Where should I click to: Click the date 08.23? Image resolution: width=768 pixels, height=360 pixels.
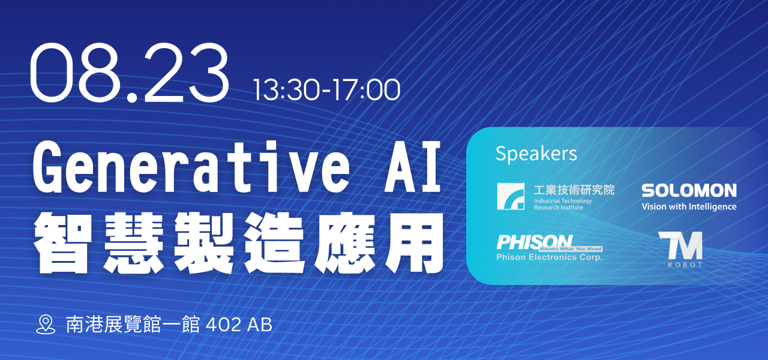[x=130, y=73]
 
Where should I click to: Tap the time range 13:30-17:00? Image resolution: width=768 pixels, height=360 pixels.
[x=327, y=90]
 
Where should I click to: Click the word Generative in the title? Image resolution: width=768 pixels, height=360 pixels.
[x=191, y=167]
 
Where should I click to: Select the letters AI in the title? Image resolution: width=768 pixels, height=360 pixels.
[x=413, y=167]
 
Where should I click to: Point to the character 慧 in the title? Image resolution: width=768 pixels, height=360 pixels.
[x=134, y=243]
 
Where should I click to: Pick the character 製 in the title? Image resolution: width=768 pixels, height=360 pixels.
[x=205, y=243]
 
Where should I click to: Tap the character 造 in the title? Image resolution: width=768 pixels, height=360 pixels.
[x=275, y=243]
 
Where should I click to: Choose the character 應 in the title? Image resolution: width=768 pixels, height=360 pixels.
[x=345, y=243]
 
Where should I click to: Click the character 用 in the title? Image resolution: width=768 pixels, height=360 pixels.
[x=414, y=243]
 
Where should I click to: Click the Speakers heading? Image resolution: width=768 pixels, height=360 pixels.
[x=536, y=154]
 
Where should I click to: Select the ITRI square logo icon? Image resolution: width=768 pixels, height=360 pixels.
[x=511, y=196]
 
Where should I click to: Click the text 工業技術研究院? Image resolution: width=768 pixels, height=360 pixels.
[x=574, y=190]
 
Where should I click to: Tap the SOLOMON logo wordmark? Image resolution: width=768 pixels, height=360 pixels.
[x=689, y=190]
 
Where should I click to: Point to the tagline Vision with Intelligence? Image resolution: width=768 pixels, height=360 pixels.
[x=689, y=206]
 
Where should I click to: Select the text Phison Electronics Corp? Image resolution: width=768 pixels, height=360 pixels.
[x=549, y=257]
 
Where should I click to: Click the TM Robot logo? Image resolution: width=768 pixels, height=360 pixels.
[x=680, y=249]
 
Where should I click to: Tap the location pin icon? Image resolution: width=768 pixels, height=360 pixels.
[x=46, y=325]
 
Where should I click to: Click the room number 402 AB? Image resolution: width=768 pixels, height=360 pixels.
[x=239, y=325]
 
